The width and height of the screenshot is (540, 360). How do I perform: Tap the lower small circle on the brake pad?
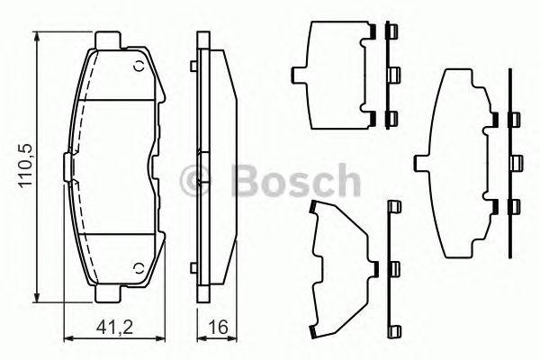click(x=137, y=268)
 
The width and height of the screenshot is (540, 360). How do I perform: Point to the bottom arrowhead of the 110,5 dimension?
click(x=37, y=300)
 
